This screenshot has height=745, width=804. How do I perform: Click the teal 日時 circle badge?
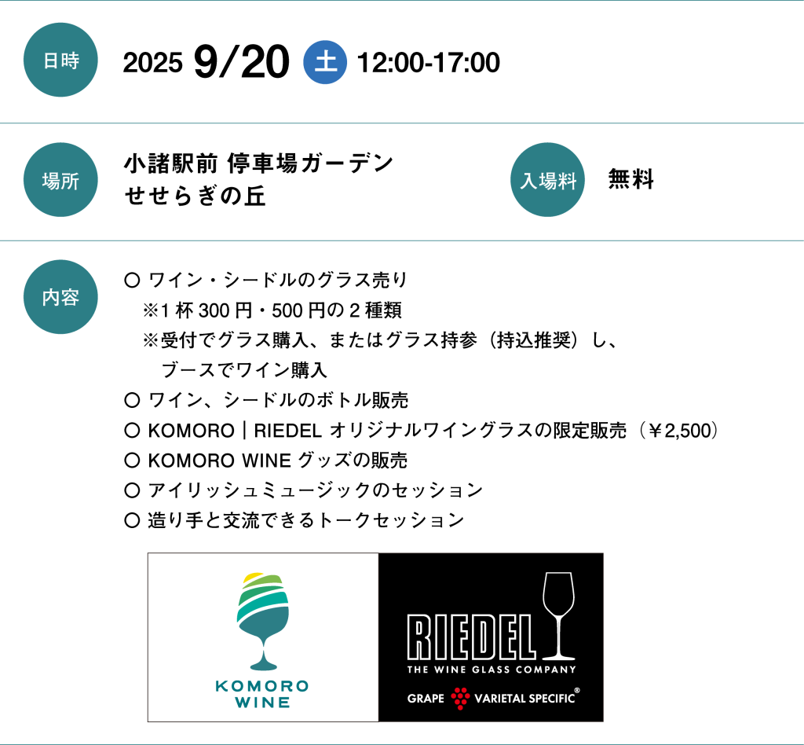60,60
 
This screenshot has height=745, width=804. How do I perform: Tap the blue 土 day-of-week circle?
325,62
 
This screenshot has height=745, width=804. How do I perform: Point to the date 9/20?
242,62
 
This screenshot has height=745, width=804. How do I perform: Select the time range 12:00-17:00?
428,63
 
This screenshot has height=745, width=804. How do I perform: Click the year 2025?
153,63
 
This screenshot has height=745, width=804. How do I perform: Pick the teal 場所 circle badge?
60,180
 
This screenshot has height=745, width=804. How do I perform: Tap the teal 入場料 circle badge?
547,180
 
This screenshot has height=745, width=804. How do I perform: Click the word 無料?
630,179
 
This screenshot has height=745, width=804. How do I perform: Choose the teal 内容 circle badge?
60,297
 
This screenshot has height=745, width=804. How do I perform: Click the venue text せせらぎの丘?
195,196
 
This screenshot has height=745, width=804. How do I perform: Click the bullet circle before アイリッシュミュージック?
132,490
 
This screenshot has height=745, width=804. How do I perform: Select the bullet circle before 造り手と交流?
132,521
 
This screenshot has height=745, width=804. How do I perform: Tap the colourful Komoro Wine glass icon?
263,621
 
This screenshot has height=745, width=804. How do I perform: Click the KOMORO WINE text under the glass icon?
262,694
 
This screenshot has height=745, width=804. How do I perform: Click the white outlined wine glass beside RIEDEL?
559,615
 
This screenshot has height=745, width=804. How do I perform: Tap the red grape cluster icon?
460,699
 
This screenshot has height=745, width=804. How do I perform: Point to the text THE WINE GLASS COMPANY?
492,670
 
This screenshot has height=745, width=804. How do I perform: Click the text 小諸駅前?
170,163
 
